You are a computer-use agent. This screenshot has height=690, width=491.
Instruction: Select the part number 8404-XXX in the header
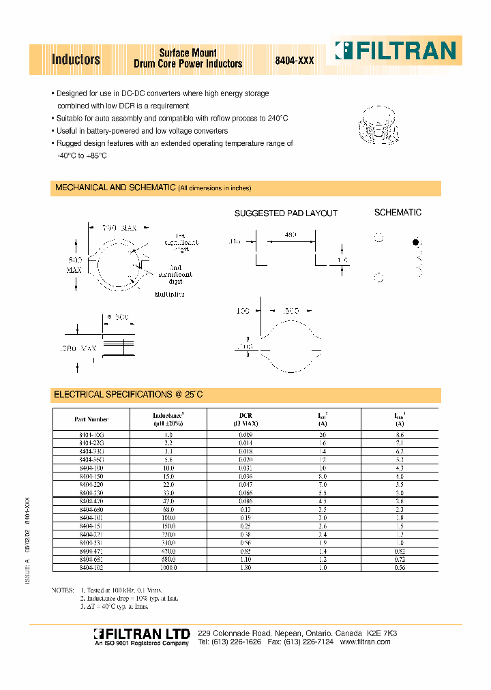[x=294, y=61]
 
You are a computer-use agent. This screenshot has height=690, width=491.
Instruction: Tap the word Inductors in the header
[x=76, y=60]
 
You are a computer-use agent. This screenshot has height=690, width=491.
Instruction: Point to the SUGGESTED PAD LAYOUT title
[x=286, y=213]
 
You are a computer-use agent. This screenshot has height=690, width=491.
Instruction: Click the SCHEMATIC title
[x=398, y=213]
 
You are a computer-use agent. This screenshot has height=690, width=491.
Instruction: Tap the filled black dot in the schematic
[x=415, y=242]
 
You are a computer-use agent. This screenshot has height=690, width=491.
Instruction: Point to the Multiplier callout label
[x=170, y=294]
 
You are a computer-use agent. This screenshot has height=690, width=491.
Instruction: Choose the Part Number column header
[x=91, y=419]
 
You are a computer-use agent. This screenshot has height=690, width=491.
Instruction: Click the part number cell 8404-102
[x=91, y=567]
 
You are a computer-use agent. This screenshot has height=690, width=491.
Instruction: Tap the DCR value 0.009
[x=245, y=434]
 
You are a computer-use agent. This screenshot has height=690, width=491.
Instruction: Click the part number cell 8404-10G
[x=91, y=434]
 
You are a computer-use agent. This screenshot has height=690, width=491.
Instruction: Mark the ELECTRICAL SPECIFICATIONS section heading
[x=128, y=395]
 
